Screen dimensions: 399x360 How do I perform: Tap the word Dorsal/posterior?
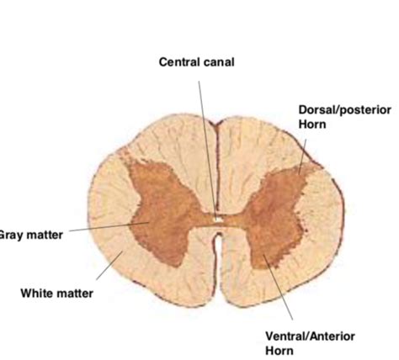345,110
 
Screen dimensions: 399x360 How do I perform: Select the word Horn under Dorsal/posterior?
312,124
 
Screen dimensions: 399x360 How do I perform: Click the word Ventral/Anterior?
310,336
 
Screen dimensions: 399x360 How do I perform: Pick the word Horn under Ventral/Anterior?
279,351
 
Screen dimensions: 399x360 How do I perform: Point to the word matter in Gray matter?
45,235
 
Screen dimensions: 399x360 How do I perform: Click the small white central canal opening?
218,220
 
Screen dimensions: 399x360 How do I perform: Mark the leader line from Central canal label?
208,149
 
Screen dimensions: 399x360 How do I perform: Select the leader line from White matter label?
109,265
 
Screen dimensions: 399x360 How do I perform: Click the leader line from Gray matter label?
109,226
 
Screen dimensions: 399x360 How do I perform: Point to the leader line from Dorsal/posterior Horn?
302,156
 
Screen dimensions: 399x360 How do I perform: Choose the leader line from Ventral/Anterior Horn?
278,287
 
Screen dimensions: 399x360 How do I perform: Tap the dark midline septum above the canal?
216,168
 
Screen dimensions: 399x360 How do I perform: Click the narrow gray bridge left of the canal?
204,220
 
